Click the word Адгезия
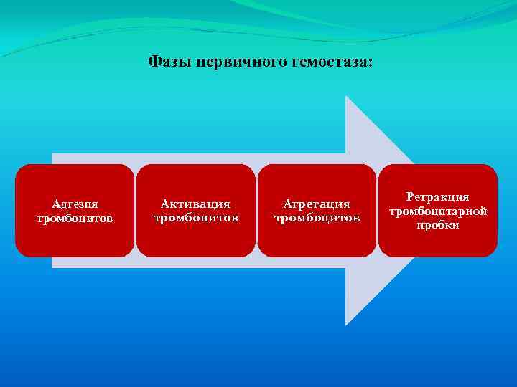pos(75,204)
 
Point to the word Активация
pos(195,204)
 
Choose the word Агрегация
pos(317,204)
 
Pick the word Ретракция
pos(437,196)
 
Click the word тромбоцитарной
pos(437,211)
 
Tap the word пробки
pos(437,225)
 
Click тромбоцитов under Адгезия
pos(75,218)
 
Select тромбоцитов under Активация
pos(195,218)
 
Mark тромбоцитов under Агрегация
pos(317,218)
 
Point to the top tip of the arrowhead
pos(347,97)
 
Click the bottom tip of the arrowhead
pos(347,324)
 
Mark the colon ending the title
pos(371,63)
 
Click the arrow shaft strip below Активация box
pos(195,262)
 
